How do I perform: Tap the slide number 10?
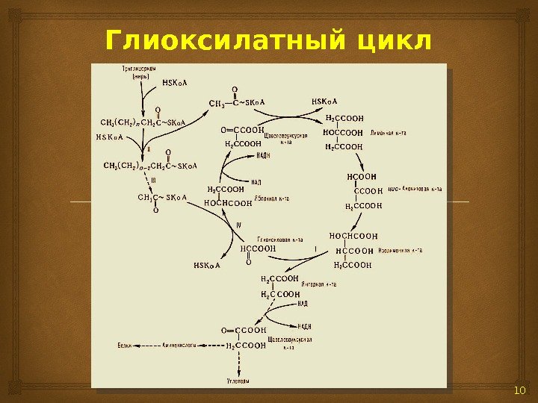tap(521, 393)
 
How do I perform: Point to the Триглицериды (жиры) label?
tap(140, 72)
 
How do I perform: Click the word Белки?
tap(126, 346)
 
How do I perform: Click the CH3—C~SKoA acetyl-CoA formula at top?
tap(237, 102)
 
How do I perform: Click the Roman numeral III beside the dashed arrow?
tap(153, 180)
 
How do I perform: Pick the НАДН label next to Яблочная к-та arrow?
tap(263, 156)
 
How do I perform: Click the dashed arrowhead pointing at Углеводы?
tap(238, 372)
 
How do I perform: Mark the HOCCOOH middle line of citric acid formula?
tap(344, 132)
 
